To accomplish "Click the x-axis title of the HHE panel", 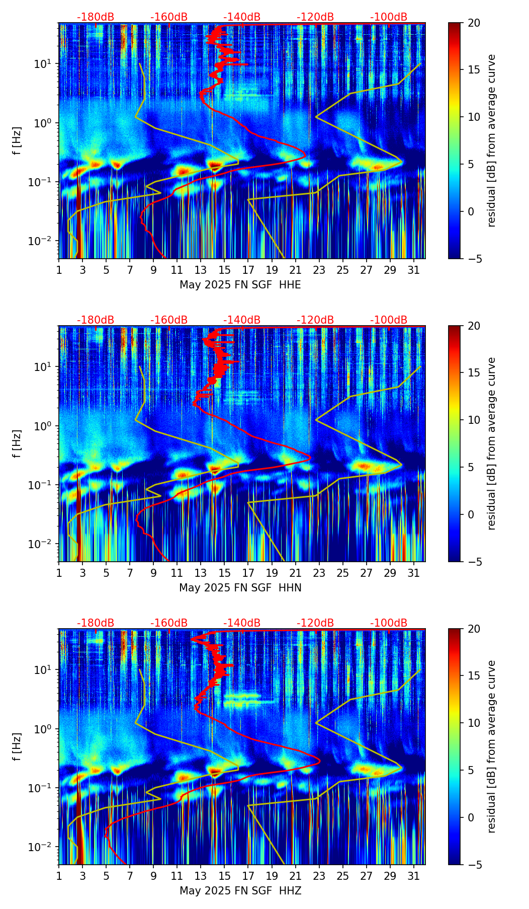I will coord(240,285).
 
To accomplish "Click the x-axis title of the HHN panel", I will coord(240,588).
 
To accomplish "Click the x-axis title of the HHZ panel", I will coord(240,891).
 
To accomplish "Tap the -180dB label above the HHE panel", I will coord(96,17).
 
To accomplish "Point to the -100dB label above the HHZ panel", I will coord(389,623).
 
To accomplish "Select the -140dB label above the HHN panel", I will coord(242,320).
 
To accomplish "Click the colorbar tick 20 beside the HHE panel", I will coord(473,23).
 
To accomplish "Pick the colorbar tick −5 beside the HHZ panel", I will coord(473,865).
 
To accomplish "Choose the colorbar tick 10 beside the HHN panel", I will coord(473,420).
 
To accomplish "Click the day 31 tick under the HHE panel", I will coord(414,270).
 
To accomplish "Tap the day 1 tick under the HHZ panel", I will coord(59,876).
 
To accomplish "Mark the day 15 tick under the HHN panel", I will coord(225,573).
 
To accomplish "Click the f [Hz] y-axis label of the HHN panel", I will coord(18,443).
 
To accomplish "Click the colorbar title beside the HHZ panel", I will coord(491,746).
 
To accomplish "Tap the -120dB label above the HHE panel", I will coord(315,17).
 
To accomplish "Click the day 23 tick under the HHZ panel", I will coord(319,876).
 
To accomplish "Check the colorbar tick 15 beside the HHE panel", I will coord(473,70).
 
